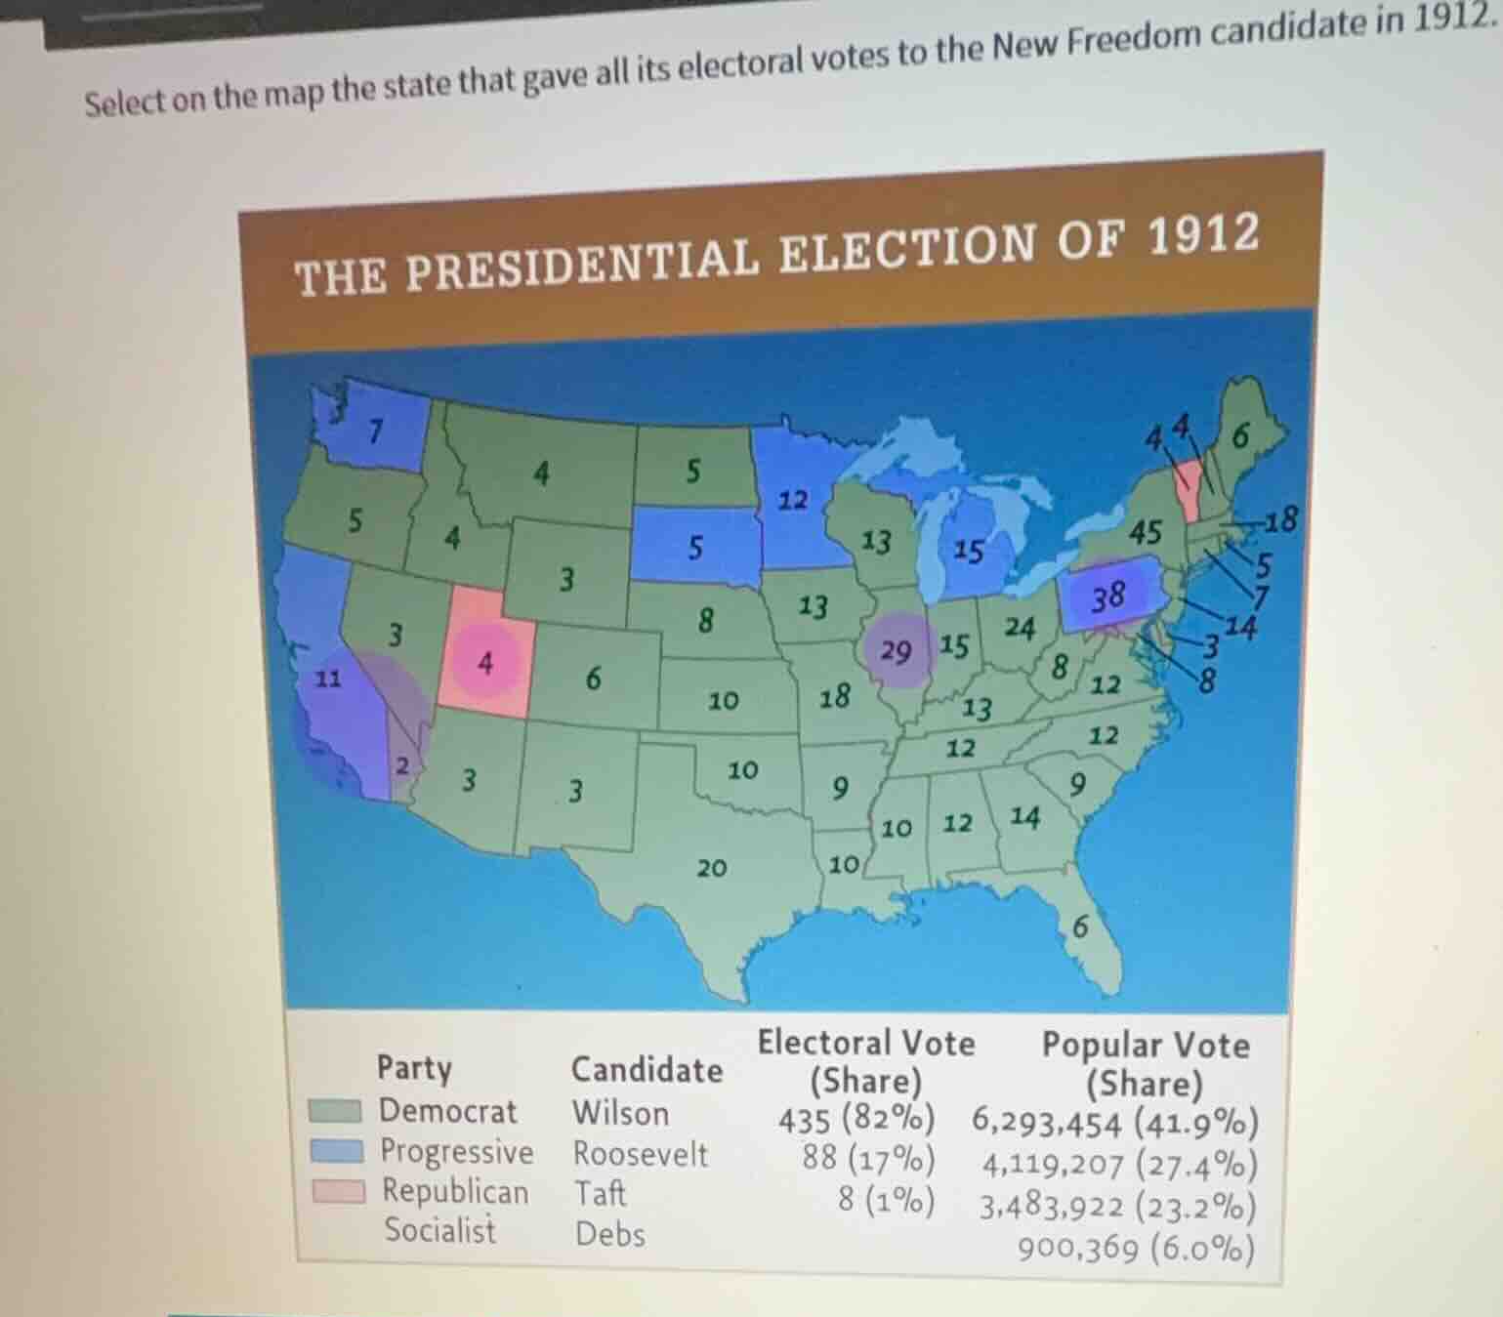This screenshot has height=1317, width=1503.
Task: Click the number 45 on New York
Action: coord(1146,532)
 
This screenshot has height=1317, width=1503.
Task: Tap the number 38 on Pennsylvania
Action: coord(1108,595)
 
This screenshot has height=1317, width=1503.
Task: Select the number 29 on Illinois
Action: coord(896,651)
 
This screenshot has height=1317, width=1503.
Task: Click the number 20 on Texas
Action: coord(711,867)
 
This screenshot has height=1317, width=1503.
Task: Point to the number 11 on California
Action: coord(329,678)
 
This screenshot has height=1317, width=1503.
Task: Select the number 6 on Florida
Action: coord(1079,926)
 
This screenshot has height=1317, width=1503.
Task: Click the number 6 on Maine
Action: coord(1239,435)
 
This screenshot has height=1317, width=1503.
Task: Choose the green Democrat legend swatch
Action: coord(335,1111)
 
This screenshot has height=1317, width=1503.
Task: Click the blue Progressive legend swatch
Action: coord(337,1151)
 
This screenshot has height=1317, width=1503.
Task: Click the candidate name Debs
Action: coord(609,1234)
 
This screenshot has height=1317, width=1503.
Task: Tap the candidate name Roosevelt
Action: coord(640,1154)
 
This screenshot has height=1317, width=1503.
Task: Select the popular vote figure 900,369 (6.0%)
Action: coord(1136,1248)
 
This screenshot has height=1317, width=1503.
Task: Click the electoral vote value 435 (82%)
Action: coord(856,1119)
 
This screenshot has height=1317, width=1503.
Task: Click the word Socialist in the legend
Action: coord(439,1230)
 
